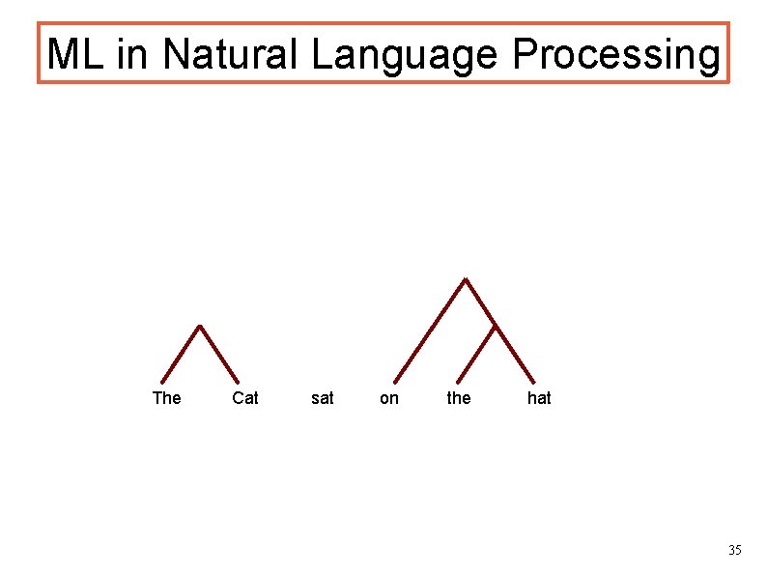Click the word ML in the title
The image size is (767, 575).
pos(77,54)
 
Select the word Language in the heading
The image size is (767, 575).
pos(406,56)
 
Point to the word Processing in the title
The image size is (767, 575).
pos(616,56)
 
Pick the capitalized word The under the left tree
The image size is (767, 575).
pos(166,397)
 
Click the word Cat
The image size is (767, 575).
pos(245,397)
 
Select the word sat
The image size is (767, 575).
pos(323,397)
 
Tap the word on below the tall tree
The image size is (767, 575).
pos(389,397)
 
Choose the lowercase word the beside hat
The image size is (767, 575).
pos(459,397)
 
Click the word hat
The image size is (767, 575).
pos(539,397)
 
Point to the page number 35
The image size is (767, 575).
pos(734,550)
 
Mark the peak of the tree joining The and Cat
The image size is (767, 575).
pos(199,326)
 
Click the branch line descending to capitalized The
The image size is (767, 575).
pos(181,354)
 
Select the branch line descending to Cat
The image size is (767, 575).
pos(219,355)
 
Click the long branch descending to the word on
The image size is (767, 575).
pos(430,331)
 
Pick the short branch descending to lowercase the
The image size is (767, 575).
pos(475,353)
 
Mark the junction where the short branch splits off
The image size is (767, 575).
pos(495,325)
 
